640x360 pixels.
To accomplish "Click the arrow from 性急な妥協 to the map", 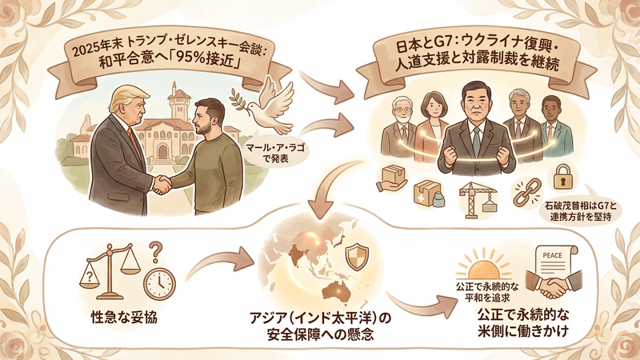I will [x=221, y=264].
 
